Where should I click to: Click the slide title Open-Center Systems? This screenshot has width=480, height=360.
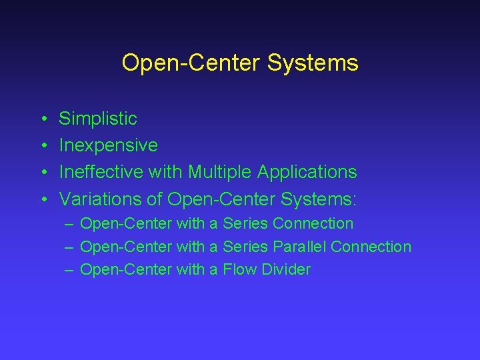pyautogui.click(x=240, y=63)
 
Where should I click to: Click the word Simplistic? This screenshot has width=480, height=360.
pyautogui.click(x=98, y=119)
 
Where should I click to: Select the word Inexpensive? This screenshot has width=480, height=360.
pyautogui.click(x=108, y=145)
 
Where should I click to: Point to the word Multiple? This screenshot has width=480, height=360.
pyautogui.click(x=218, y=172)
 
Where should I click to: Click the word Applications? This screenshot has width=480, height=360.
pyautogui.click(x=305, y=172)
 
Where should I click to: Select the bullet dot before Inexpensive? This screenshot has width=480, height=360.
pyautogui.click(x=42, y=146)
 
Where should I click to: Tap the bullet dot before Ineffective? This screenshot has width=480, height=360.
pyautogui.click(x=42, y=173)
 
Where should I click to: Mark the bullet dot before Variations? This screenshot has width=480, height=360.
pyautogui.click(x=42, y=199)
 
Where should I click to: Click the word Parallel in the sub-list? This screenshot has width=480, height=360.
pyautogui.click(x=299, y=247)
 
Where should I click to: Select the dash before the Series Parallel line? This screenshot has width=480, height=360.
pyautogui.click(x=69, y=247)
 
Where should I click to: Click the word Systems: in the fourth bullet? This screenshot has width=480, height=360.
pyautogui.click(x=319, y=199)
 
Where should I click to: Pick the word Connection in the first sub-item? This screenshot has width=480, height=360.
pyautogui.click(x=313, y=223)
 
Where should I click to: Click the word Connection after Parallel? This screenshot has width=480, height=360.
pyautogui.click(x=371, y=247)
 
